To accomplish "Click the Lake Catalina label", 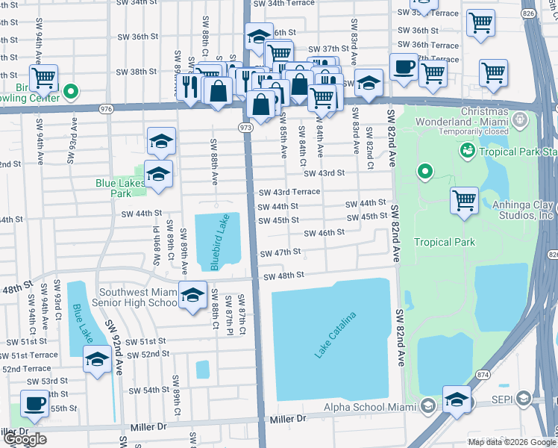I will pyautogui.click(x=335, y=335).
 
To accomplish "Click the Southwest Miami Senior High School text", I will pyautogui.click(x=134, y=298).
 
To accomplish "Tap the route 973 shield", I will pyautogui.click(x=245, y=128).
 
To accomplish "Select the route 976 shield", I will pyautogui.click(x=105, y=109).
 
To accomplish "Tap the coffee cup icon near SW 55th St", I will pyautogui.click(x=34, y=402).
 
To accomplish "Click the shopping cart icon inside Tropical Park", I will pyautogui.click(x=464, y=200).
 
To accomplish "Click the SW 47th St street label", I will pyautogui.click(x=280, y=252).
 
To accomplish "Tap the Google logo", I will pyautogui.click(x=25, y=438).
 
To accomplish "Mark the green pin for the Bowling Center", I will pyautogui.click(x=71, y=93).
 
